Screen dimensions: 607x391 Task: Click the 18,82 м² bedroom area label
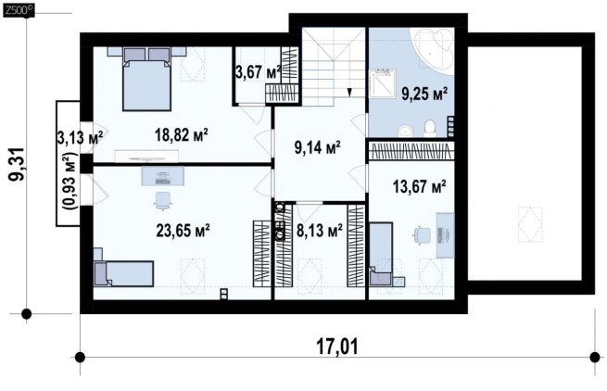[182, 135]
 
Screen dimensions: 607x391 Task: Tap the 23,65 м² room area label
[183, 231]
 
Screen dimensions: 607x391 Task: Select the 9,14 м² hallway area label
[318, 147]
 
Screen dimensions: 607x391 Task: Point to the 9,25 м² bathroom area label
[424, 94]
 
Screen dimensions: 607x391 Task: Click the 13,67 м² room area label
[419, 186]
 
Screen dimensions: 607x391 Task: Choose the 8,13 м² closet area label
[320, 231]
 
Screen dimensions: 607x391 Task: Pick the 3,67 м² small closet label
[258, 71]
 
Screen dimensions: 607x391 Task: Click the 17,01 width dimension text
[337, 347]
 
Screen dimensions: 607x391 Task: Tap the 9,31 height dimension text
[17, 164]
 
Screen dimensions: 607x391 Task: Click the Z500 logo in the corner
[19, 11]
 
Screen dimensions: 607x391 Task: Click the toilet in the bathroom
[430, 129]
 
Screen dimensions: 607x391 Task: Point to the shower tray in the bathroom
[382, 82]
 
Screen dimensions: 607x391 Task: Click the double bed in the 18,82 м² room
[146, 79]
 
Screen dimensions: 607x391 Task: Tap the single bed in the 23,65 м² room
[123, 273]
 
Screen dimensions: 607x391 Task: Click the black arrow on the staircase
[349, 92]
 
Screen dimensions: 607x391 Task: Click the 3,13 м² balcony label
[81, 137]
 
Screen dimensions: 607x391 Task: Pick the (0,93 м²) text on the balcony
[71, 181]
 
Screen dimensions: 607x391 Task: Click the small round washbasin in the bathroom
[405, 132]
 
